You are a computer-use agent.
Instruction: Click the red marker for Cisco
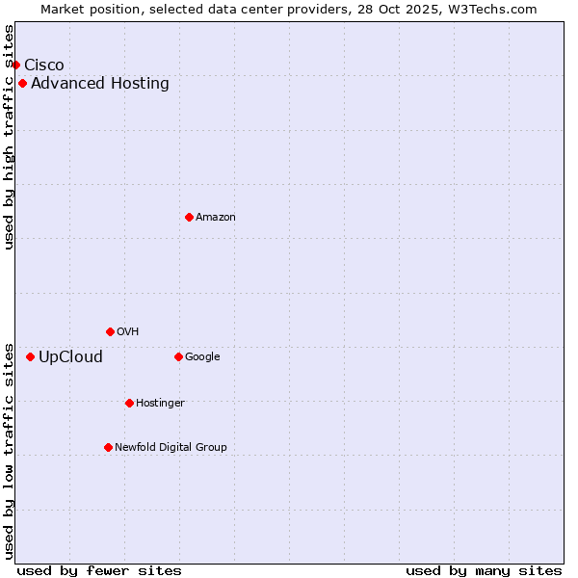click(x=15, y=65)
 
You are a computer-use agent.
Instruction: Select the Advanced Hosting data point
click(x=22, y=83)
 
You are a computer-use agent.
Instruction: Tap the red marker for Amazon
click(x=189, y=217)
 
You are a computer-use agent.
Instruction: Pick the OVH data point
click(x=110, y=331)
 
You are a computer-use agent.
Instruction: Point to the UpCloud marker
click(x=30, y=356)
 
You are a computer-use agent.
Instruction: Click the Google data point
click(x=178, y=356)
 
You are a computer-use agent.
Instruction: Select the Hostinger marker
click(x=129, y=403)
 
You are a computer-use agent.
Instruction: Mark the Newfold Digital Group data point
click(x=108, y=447)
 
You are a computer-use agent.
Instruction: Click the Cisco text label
click(x=44, y=65)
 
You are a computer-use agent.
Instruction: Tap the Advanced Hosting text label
click(x=100, y=83)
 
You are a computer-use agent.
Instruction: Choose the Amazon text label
click(x=216, y=217)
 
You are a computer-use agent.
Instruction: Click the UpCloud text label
click(x=70, y=356)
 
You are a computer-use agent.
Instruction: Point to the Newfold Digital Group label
click(x=171, y=447)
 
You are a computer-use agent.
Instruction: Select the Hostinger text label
click(x=160, y=403)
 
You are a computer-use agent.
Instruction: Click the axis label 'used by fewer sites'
click(x=99, y=570)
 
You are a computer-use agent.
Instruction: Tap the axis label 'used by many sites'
click(x=484, y=570)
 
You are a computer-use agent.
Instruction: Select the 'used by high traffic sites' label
click(x=9, y=137)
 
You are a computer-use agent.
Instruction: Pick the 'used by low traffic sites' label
click(x=9, y=450)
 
